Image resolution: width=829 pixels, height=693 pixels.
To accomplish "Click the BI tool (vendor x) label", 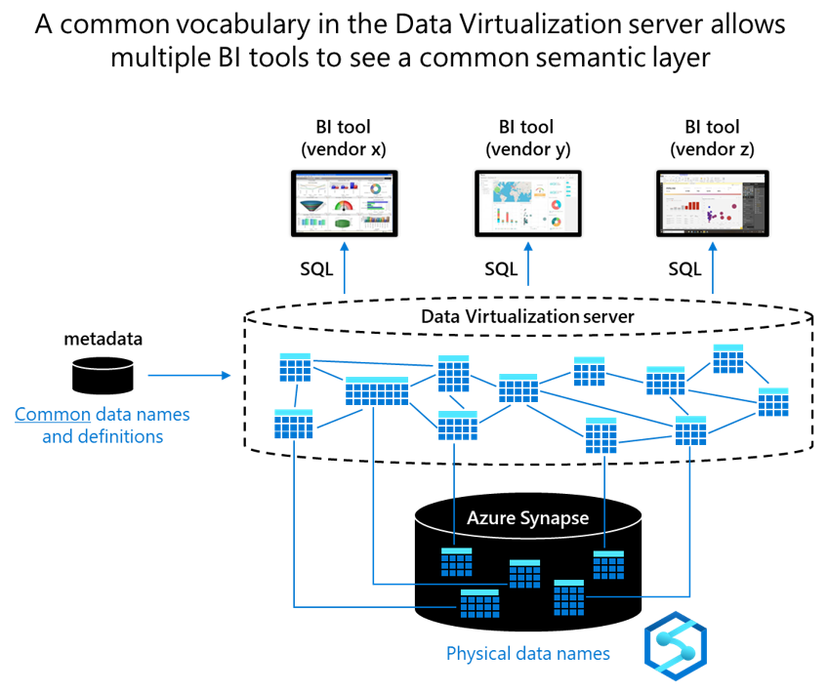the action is coord(343,138).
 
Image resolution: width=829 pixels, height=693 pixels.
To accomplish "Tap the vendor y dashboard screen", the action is coord(528,203).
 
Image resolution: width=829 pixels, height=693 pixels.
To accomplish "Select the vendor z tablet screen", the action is coord(713,203).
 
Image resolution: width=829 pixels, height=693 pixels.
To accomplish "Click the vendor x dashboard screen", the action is coord(344,203).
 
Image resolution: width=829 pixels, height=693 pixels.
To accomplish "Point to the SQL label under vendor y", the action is coord(501,268).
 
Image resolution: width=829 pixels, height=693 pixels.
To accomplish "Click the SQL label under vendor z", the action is coord(684,268).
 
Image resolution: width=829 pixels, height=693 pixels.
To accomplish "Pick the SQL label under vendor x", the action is coord(316,268).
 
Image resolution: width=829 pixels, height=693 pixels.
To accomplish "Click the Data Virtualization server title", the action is coord(527,316).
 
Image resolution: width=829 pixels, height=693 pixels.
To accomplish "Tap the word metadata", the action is coord(103,339).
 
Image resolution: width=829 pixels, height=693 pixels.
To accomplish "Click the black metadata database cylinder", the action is coord(102,375).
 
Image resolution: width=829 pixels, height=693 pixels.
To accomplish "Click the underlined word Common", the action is coord(53,414).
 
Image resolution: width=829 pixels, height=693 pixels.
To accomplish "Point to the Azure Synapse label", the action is coord(527,517).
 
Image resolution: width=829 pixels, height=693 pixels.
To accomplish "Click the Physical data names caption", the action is coord(527,653).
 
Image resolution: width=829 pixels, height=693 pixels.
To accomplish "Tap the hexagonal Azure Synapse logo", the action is coord(676,645).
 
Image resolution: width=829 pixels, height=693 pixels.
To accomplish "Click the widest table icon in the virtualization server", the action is coord(376,390).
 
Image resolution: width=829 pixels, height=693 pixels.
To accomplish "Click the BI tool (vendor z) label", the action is coord(712,138).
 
